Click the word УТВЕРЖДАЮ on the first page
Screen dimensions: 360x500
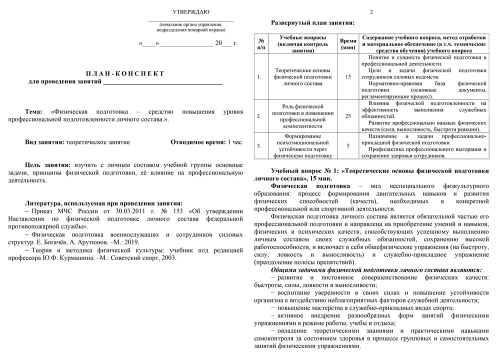(191, 11)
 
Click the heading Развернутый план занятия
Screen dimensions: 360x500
(312, 23)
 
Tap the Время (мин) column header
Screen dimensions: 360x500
(348, 44)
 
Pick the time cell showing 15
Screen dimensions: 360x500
(348, 77)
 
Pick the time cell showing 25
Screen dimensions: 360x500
(348, 116)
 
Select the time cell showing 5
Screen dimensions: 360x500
(348, 145)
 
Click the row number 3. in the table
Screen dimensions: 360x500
(259, 145)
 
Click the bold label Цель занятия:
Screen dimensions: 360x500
(48, 164)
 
